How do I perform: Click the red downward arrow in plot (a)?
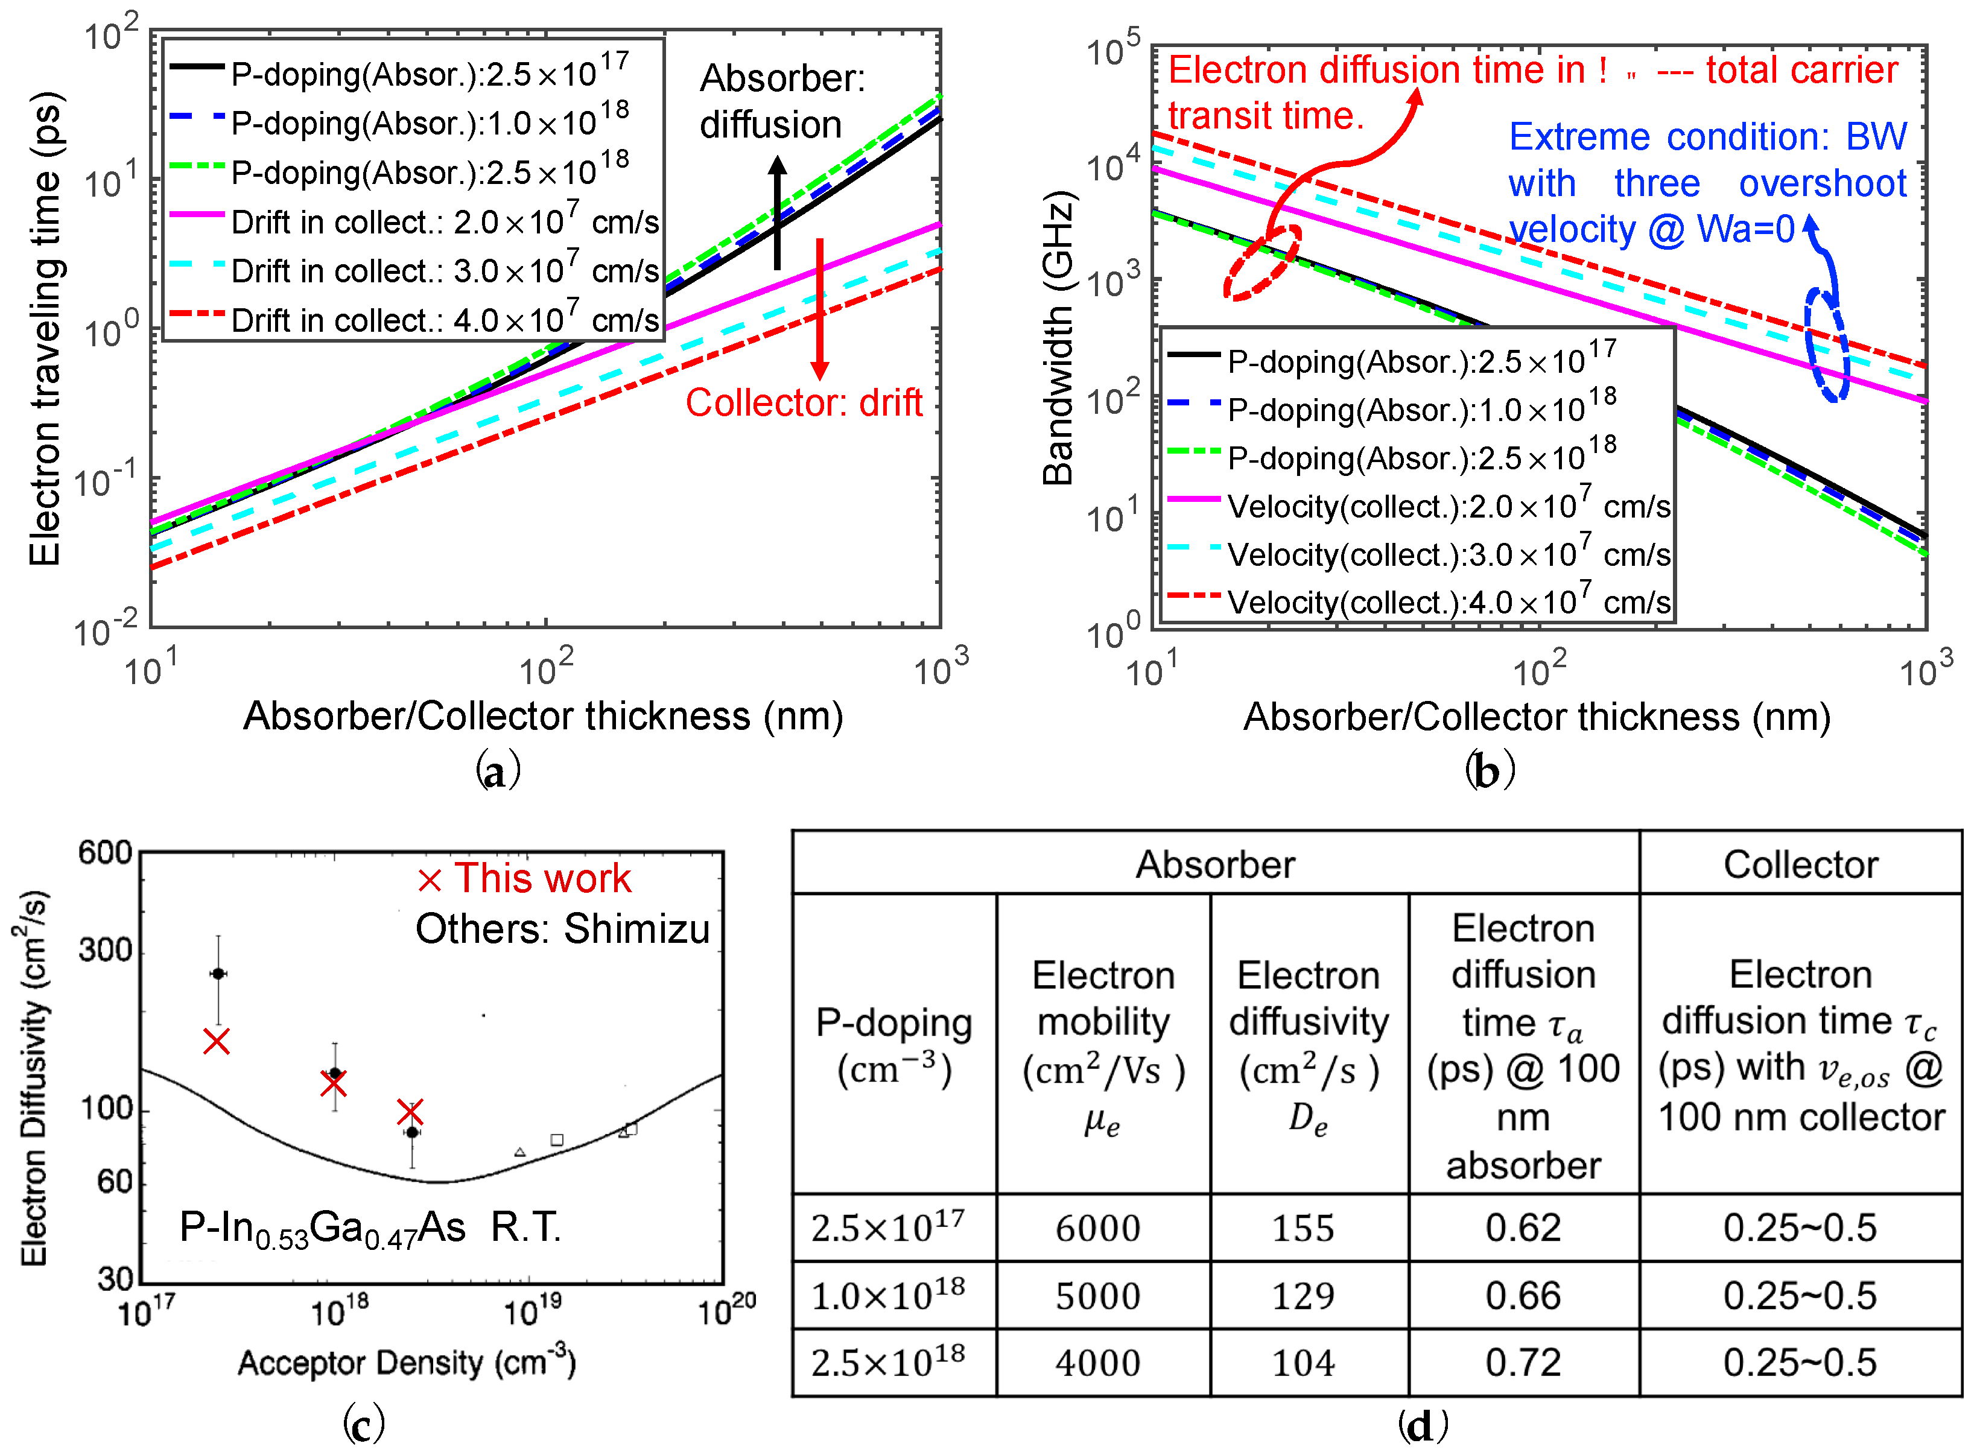pos(820,308)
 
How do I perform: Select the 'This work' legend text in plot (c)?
pos(542,879)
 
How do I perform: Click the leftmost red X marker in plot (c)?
pos(217,1041)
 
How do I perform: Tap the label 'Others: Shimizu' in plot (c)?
pos(562,929)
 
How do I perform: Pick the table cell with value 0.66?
pos(1523,1296)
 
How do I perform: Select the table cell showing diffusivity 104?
pos(1303,1363)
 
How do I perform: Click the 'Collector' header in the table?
pos(1800,865)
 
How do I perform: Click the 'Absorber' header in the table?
pos(1215,865)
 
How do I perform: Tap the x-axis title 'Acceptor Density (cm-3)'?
pos(407,1363)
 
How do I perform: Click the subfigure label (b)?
pos(1489,772)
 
